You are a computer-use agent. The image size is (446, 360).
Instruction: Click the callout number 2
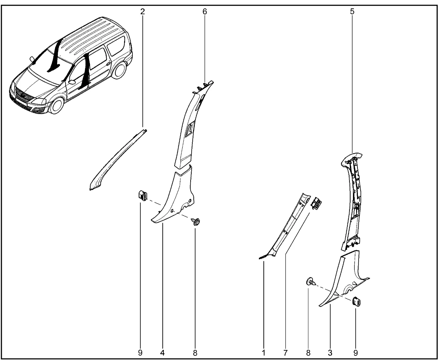(x=143, y=12)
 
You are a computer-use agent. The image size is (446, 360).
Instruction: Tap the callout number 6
(x=205, y=12)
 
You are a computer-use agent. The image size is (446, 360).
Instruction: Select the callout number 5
(x=352, y=12)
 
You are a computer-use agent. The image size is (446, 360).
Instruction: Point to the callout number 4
(x=162, y=353)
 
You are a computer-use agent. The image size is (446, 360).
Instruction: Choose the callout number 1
(x=264, y=353)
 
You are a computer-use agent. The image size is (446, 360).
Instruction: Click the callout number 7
(x=285, y=353)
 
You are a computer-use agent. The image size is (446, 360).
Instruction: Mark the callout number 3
(x=330, y=353)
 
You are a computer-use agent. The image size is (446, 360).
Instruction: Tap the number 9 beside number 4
(x=140, y=353)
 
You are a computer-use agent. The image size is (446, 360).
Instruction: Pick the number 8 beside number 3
(x=308, y=353)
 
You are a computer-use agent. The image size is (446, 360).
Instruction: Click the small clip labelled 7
(x=316, y=204)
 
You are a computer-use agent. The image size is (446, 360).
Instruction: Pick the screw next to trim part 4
(x=195, y=222)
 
